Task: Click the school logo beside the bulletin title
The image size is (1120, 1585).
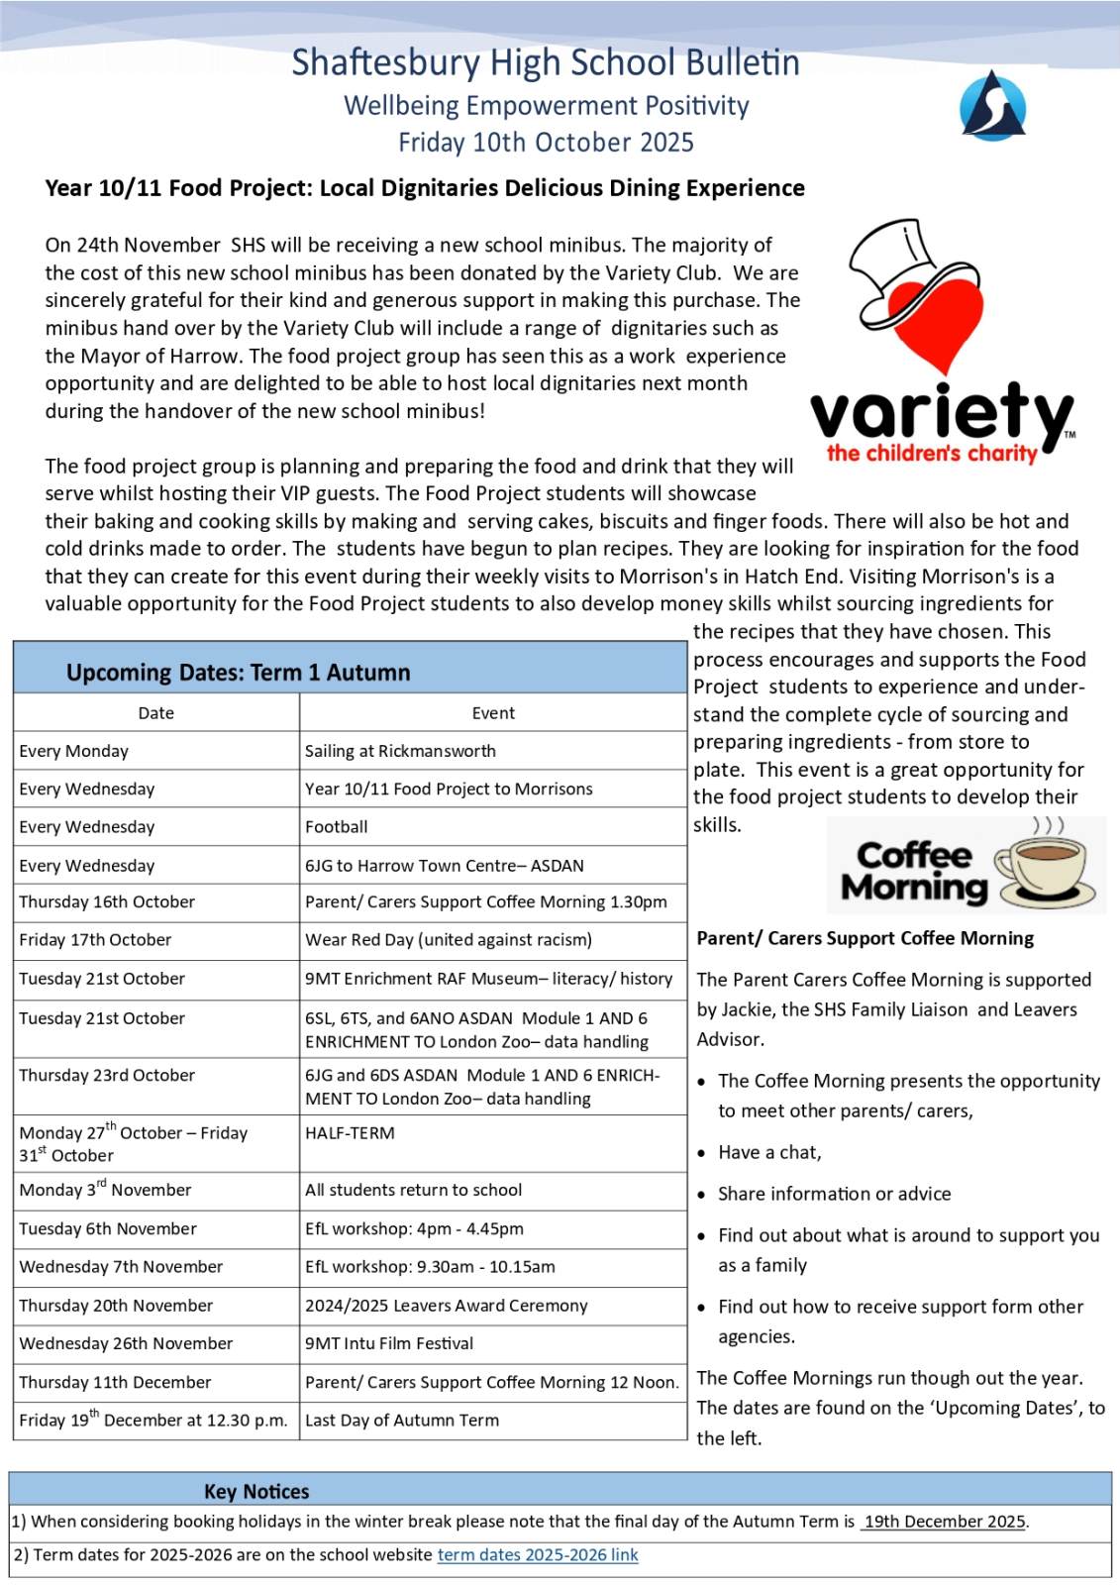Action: (992, 105)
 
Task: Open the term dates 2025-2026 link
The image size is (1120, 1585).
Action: (538, 1555)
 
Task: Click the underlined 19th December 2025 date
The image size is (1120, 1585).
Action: (944, 1522)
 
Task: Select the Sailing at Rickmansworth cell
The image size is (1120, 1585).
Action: (400, 751)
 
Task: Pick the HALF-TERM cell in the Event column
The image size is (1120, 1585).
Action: (350, 1132)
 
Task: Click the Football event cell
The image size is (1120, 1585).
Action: (336, 826)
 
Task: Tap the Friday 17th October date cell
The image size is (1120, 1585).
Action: (95, 939)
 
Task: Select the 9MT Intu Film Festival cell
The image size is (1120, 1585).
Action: (389, 1343)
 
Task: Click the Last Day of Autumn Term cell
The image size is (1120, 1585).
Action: (401, 1420)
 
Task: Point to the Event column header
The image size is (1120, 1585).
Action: (493, 713)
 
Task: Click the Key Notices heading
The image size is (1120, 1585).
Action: (256, 1491)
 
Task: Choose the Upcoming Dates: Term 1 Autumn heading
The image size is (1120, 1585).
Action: (238, 673)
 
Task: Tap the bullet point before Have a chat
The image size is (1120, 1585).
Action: (701, 1153)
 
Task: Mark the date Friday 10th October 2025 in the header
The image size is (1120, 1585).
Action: (546, 143)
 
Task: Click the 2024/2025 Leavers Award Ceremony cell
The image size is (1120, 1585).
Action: (446, 1306)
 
